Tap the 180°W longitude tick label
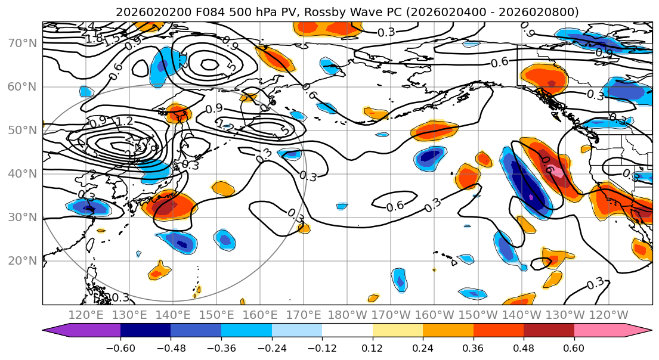click(348, 315)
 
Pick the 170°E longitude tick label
click(304, 315)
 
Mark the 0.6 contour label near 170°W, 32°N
click(395, 206)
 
